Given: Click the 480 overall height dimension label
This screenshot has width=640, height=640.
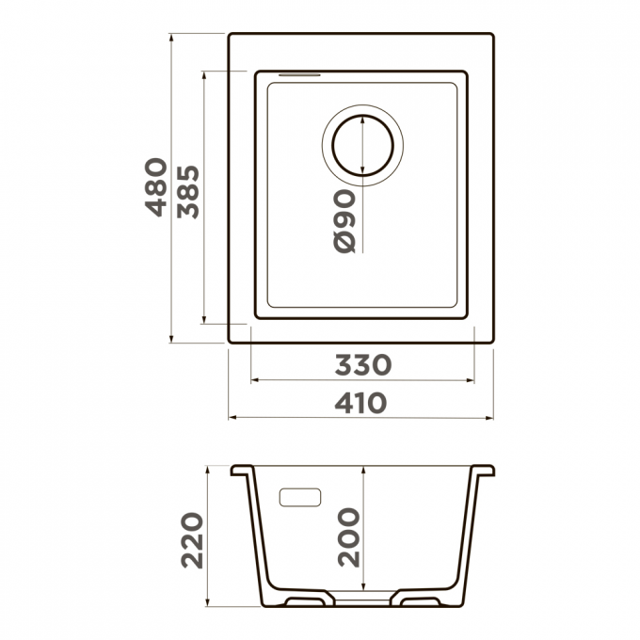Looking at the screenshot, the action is (x=156, y=187).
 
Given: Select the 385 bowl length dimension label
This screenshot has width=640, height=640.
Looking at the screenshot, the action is (x=188, y=192).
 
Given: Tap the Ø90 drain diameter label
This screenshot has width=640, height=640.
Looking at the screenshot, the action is (x=344, y=221).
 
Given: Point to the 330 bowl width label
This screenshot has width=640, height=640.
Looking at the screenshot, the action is (x=363, y=364).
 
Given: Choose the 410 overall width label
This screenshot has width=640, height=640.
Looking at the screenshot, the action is (x=360, y=403).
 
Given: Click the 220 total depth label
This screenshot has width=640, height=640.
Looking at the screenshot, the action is (x=192, y=540).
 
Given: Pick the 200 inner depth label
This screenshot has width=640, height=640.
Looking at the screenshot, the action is (x=348, y=537).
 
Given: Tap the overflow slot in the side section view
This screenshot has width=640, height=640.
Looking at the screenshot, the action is (x=300, y=497).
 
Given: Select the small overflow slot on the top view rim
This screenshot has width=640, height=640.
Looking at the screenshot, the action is (x=299, y=74).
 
